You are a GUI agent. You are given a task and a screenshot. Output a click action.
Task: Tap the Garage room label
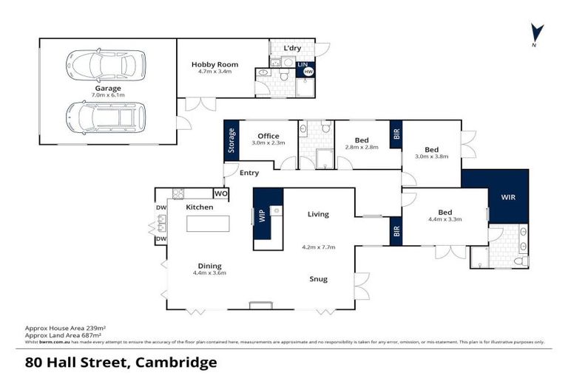click(x=107, y=89)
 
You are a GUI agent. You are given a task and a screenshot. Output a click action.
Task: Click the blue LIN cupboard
click(x=302, y=65)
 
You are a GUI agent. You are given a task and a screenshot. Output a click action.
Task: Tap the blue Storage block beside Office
click(x=231, y=140)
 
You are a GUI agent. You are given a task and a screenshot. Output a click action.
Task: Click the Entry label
click(x=248, y=173)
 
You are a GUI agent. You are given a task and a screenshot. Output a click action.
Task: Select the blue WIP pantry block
click(x=261, y=216)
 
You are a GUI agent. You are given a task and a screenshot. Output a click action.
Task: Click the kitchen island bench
click(x=208, y=223)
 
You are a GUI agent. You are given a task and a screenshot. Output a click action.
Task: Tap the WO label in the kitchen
click(x=220, y=193)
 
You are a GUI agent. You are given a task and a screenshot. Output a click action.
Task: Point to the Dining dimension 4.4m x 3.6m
click(x=209, y=273)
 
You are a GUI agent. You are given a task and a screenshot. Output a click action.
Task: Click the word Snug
click(x=319, y=279)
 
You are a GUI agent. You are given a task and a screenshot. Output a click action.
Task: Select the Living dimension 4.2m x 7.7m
click(x=319, y=248)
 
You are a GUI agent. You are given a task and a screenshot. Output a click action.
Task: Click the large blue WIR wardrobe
click(x=508, y=197)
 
